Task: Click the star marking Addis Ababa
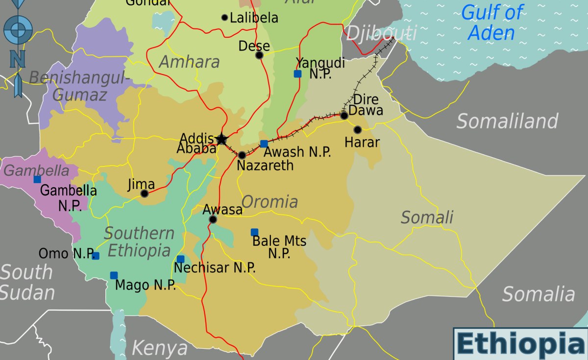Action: pos(221,139)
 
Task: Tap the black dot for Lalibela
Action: pos(225,18)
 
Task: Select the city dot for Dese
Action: pos(259,55)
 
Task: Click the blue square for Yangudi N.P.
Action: pos(297,74)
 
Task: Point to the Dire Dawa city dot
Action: pos(344,116)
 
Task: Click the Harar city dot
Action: pos(358,130)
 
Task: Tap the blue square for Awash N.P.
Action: pos(264,144)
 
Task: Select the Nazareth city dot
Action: pos(242,155)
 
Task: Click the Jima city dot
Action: pos(145,193)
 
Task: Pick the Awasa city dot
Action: pos(213,219)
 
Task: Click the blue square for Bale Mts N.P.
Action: pos(254,232)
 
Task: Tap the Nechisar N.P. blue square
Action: pos(180,259)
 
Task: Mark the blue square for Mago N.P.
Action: pos(114,275)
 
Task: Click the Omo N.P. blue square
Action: pos(96,256)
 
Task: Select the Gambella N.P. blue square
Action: pos(37,179)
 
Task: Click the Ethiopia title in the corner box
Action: pos(521,344)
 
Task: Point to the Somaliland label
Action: pos(507,121)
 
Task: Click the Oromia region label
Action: pos(269,201)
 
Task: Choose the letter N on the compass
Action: pos(18,59)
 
